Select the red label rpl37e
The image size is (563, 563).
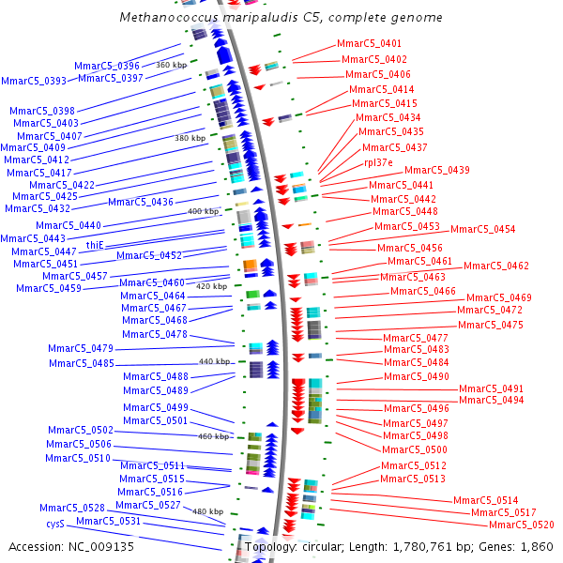pyautogui.click(x=378, y=162)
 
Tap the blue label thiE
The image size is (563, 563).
pyautogui.click(x=95, y=245)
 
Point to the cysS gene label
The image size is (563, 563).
pyautogui.click(x=55, y=524)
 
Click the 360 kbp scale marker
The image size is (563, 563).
pyautogui.click(x=171, y=65)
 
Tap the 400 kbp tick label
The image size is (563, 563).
pyautogui.click(x=203, y=212)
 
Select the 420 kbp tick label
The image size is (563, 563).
pyautogui.click(x=211, y=286)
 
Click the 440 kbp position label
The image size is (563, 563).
pyautogui.click(x=214, y=361)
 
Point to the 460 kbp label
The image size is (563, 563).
pyautogui.click(x=213, y=436)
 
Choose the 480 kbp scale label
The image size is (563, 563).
pyautogui.click(x=207, y=511)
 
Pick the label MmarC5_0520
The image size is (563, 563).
pyautogui.click(x=521, y=525)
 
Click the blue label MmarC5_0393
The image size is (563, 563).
pyautogui.click(x=34, y=82)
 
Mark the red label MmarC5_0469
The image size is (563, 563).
pyautogui.click(x=498, y=297)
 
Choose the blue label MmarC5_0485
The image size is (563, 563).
pyautogui.click(x=82, y=363)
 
